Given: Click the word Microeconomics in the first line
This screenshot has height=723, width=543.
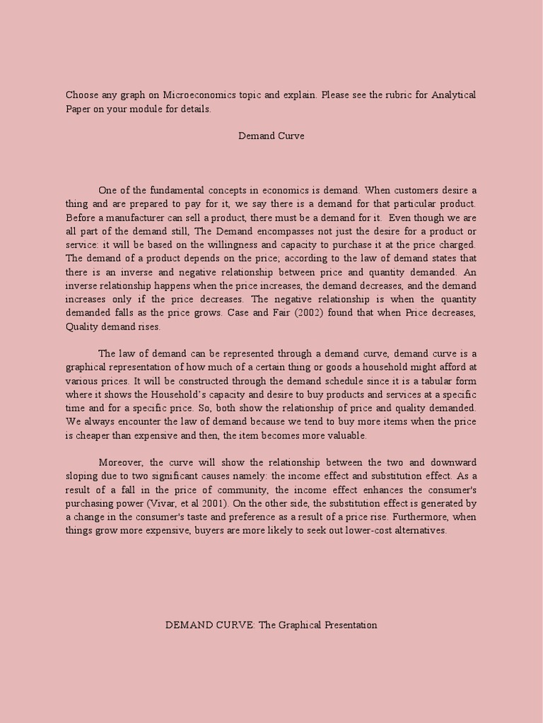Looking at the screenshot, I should click(195, 95).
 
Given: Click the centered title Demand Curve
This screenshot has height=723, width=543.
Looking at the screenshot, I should click(271, 136).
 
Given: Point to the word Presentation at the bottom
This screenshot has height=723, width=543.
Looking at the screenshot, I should click(350, 625).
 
